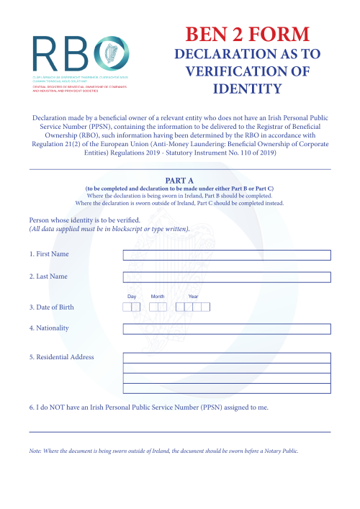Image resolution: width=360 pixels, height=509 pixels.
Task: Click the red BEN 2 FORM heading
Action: tap(248, 34)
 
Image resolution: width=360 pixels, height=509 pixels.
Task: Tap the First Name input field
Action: tap(227, 255)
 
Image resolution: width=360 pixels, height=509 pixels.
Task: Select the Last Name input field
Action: tap(227, 277)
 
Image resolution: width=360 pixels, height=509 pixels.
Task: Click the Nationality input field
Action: tap(227, 329)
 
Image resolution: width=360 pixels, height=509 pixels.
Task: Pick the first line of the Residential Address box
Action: tap(227, 358)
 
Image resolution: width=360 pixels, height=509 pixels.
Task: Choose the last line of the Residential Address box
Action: tap(227, 389)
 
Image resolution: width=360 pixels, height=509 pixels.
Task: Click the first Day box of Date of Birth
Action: tap(127, 307)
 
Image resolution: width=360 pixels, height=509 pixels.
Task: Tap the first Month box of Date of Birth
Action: tap(153, 307)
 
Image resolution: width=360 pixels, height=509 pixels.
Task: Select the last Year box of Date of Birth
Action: tap(206, 307)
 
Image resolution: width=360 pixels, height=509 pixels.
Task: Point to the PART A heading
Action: tap(179, 181)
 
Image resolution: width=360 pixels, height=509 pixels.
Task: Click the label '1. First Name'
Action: tap(50, 254)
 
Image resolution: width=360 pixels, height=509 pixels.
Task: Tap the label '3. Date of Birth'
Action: tap(51, 307)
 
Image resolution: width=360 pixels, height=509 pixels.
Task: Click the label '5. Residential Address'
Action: tap(62, 357)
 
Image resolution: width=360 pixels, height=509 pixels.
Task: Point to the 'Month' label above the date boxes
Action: tap(158, 297)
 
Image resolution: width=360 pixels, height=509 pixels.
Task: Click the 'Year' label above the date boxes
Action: tap(193, 297)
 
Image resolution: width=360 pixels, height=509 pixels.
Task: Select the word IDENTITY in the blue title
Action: tap(248, 89)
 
